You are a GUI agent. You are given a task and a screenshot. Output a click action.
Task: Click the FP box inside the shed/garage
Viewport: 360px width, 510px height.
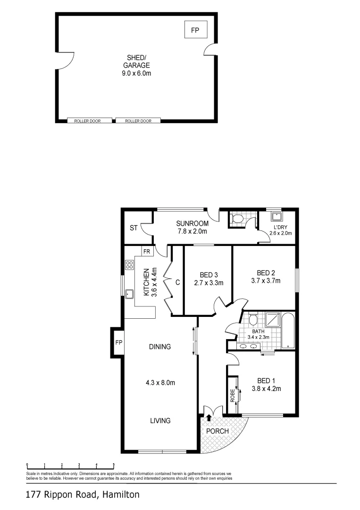click(x=195, y=31)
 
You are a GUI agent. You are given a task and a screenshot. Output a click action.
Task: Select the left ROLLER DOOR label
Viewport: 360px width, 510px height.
click(x=90, y=121)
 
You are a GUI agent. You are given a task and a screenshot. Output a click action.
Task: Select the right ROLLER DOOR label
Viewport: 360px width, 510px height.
click(x=138, y=121)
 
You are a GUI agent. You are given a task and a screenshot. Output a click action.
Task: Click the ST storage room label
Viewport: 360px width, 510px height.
click(x=134, y=229)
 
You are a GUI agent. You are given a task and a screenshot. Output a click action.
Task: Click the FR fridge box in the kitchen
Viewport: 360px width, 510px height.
click(x=147, y=251)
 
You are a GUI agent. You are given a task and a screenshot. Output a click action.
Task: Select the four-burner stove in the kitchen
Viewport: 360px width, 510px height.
click(x=129, y=265)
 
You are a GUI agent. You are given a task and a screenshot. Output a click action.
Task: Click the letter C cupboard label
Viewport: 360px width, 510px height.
click(x=177, y=283)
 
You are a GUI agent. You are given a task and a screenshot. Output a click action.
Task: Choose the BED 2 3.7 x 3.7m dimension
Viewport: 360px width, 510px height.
click(x=266, y=280)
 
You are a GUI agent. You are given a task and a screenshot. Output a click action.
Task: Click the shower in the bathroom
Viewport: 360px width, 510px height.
click(x=271, y=320)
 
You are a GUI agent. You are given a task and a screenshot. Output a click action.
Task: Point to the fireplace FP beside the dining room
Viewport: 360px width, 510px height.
click(x=118, y=342)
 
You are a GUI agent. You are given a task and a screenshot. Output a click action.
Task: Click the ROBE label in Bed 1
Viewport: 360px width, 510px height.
click(x=232, y=395)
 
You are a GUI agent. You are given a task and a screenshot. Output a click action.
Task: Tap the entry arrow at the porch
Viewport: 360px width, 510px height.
click(x=209, y=417)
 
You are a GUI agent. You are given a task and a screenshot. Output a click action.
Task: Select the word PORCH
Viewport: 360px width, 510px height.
click(x=218, y=431)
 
